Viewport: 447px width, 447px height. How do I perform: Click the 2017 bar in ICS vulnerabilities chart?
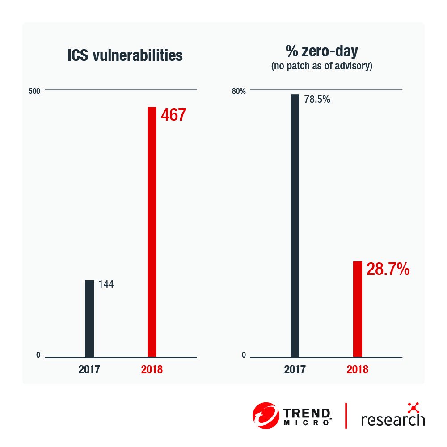(x=89, y=318)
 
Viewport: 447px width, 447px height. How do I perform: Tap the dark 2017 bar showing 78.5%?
(x=295, y=225)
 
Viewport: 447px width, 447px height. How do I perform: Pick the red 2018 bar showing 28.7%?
(x=357, y=309)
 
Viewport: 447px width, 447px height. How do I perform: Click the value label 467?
(x=173, y=115)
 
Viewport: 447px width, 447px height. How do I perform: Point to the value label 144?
(x=105, y=284)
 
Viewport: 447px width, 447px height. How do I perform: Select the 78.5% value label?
(x=317, y=100)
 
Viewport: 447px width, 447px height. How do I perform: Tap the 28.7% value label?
(x=388, y=270)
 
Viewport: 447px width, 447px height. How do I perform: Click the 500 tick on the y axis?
(x=34, y=91)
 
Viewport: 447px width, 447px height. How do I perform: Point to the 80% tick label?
(x=238, y=91)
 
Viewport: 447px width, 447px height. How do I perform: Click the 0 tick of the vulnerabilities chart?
(x=38, y=355)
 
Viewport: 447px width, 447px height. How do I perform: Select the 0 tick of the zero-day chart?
(x=244, y=355)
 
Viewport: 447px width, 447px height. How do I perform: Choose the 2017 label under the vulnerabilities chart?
(x=89, y=370)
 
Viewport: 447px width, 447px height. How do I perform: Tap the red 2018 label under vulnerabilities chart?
(x=152, y=370)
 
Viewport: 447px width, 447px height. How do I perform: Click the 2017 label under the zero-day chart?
(x=295, y=370)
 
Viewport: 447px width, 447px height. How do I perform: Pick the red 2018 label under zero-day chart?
(x=357, y=370)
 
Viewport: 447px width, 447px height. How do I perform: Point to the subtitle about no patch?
(x=322, y=67)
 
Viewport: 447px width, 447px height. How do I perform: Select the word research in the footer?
(x=392, y=419)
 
